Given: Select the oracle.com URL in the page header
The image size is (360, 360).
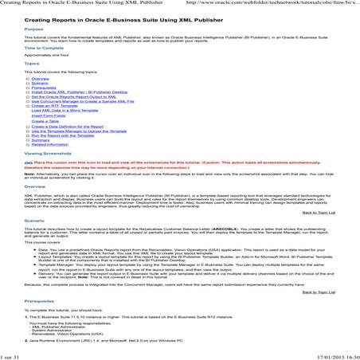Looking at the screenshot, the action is [x=263, y=4].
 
